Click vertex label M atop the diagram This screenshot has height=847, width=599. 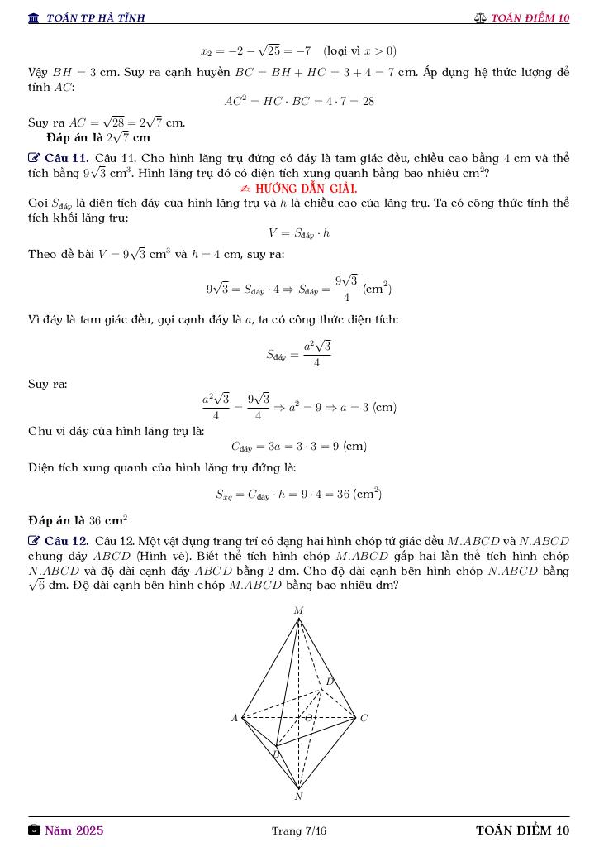point(299,610)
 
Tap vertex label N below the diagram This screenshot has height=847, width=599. point(298,797)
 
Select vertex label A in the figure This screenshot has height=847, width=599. point(235,718)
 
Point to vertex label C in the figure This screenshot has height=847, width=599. point(364,718)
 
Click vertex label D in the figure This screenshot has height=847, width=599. point(329,682)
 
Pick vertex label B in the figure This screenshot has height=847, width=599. point(276,754)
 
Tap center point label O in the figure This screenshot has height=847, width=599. point(308,717)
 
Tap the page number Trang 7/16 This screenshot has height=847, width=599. point(299,830)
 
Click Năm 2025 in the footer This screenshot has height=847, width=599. point(74,830)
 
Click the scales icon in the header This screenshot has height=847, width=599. point(480,18)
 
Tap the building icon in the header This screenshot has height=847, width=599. point(34,18)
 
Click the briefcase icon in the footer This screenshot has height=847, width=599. point(34,830)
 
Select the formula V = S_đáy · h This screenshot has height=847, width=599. point(298,233)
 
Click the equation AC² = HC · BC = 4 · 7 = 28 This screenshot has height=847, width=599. point(298,101)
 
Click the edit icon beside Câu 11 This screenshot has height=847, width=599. point(34,158)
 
